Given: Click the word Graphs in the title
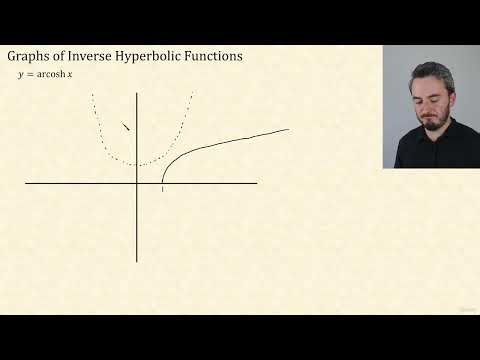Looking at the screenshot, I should coord(29,57).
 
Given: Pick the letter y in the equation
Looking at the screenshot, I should coord(19,77).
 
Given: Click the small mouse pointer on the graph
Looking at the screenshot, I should coord(126,126).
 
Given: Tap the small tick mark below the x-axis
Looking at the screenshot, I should coord(163,188).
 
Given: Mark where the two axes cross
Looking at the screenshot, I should coord(137,183).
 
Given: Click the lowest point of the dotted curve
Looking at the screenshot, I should coord(139,164).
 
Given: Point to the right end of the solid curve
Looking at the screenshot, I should coord(288,129).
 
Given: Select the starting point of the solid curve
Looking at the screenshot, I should coord(163,182).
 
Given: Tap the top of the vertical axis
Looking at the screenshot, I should coord(137,93).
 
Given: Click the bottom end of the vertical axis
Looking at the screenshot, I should coord(137,261).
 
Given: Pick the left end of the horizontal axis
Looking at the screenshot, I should coord(26,183).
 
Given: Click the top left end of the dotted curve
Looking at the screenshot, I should coord(93,95).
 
